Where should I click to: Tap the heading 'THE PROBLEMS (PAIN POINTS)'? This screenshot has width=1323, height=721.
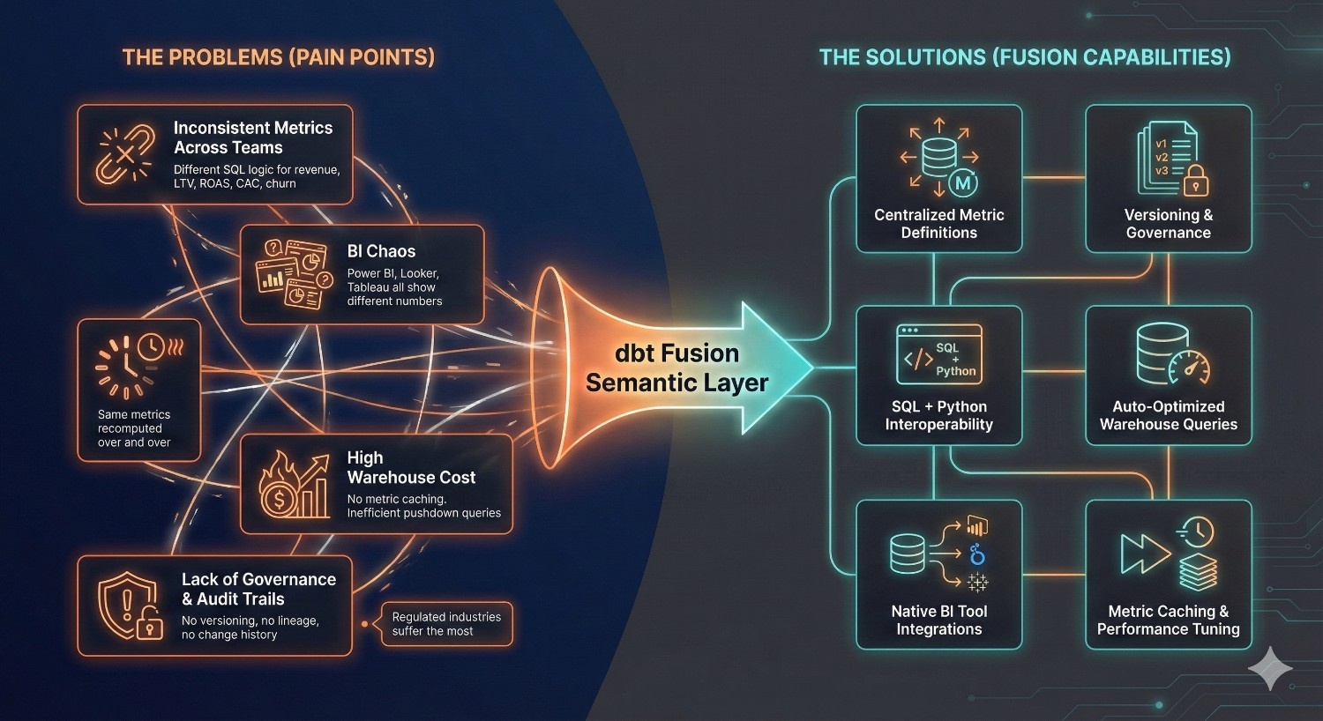coord(279,58)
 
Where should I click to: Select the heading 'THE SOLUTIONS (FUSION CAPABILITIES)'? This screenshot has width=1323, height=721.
coord(1024,58)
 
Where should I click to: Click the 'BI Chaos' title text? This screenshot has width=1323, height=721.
coord(381,251)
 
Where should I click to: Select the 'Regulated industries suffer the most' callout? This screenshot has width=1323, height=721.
coord(446,624)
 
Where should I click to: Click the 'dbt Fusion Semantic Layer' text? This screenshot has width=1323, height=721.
coord(676,368)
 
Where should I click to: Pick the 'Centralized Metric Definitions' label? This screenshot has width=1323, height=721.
coord(938,224)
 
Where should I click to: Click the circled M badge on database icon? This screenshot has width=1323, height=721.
coord(963,183)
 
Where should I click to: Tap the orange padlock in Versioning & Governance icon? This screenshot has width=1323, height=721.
coord(1195,182)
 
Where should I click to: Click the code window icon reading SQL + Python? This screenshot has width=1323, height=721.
coord(938,354)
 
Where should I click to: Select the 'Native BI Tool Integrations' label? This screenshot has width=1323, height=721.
coord(938,620)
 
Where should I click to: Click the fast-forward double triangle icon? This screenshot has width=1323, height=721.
coord(1144,554)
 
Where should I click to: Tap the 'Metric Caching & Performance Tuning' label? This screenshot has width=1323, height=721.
coord(1168,620)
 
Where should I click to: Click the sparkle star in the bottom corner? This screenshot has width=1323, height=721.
coord(1270,668)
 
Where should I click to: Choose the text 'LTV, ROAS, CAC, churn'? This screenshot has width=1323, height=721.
coord(235,184)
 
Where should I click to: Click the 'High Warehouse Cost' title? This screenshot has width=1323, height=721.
coord(411,467)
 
